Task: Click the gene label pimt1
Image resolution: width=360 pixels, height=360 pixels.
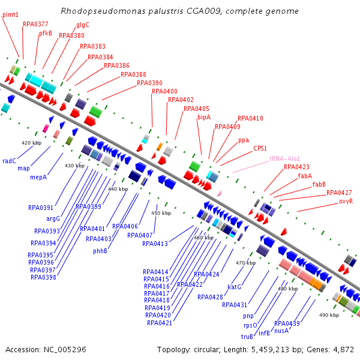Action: point(10,14)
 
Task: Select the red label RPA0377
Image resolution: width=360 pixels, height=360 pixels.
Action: point(35,24)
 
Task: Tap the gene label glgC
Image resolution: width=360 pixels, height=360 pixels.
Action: point(83,25)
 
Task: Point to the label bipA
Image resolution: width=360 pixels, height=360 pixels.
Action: point(204,118)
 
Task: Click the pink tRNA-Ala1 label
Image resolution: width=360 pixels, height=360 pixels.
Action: point(284,158)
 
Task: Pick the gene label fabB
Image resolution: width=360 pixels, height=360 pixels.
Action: point(319,184)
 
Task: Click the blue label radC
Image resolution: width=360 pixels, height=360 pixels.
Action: point(9,161)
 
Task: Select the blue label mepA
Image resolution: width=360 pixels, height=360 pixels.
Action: point(38,177)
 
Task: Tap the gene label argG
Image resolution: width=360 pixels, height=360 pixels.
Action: point(53,218)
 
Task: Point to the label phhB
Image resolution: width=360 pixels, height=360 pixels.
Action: point(100,251)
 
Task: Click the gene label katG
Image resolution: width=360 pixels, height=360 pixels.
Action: point(234,287)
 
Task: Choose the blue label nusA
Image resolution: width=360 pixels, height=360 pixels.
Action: point(281,330)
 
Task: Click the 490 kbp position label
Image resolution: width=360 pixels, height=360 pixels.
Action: point(329,315)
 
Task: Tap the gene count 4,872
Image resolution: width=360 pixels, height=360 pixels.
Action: point(341,349)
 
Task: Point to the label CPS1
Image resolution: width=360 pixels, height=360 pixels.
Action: point(260,148)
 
